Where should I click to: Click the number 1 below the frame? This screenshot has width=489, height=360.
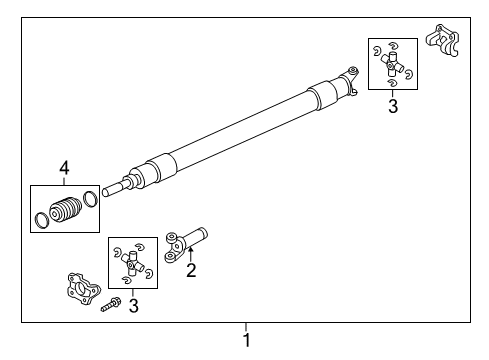point(245,340)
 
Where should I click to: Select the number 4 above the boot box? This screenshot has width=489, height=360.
point(64,169)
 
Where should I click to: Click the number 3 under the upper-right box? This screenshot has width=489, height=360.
point(393,106)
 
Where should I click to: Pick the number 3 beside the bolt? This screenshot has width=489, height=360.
point(132,305)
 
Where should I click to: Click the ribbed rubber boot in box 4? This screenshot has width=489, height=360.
point(66,212)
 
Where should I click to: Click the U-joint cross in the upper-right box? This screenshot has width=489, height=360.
point(392,65)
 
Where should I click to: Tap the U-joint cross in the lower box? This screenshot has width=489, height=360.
point(132,263)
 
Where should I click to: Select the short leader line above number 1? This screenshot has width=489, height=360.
point(245,325)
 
